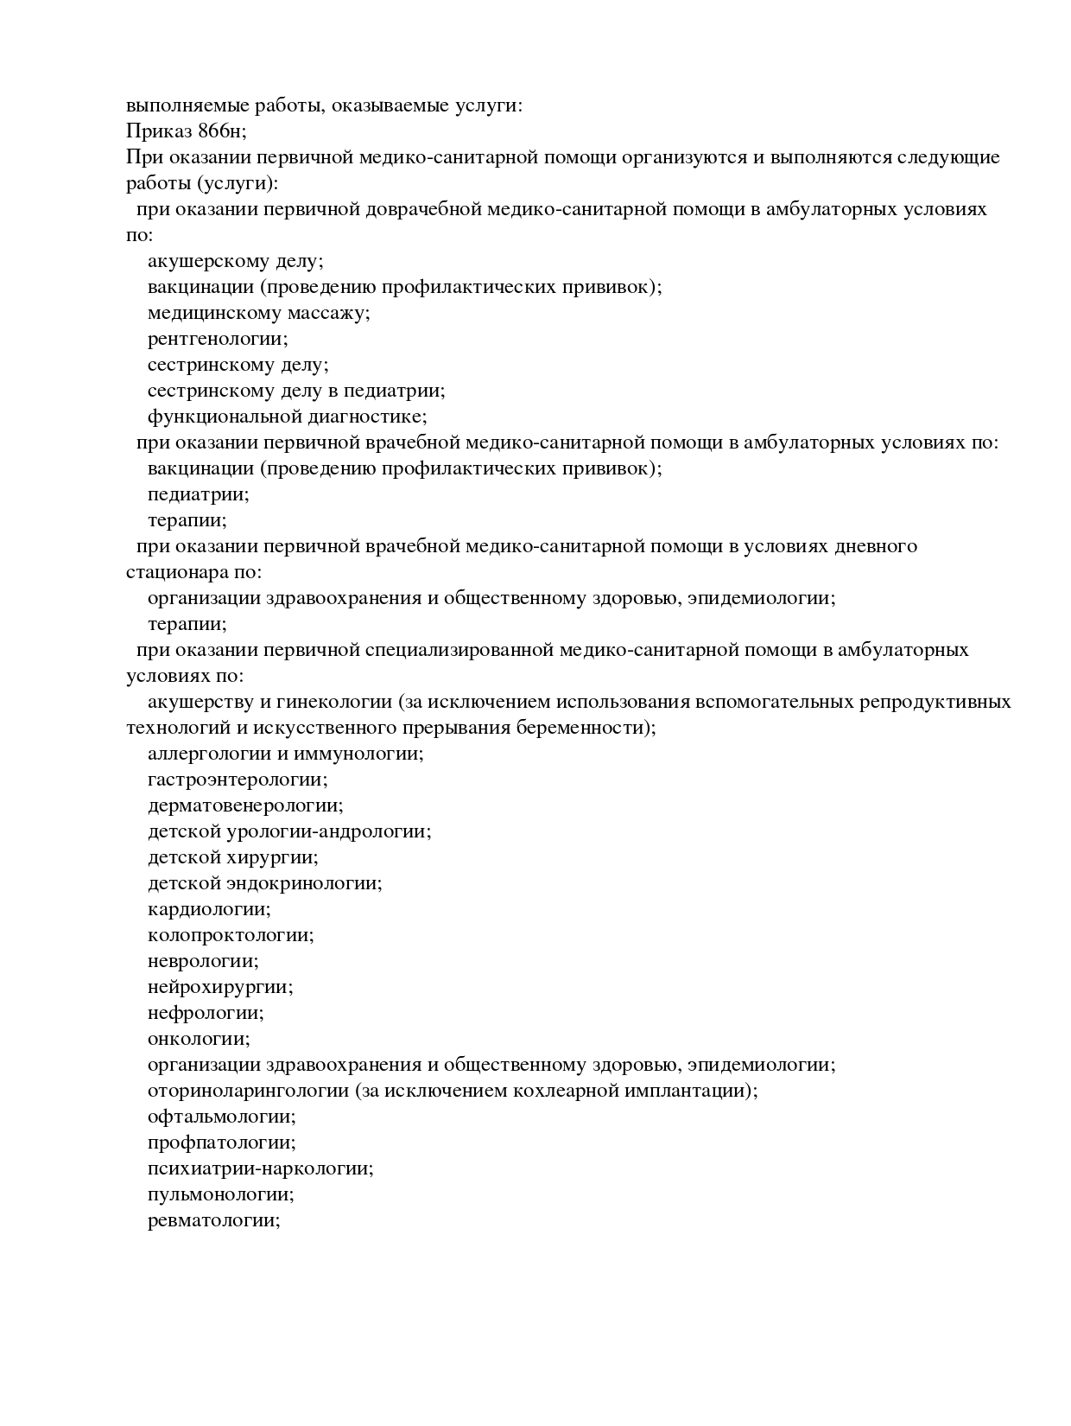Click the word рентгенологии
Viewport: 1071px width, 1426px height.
pos(218,339)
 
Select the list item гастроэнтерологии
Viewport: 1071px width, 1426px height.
pos(238,780)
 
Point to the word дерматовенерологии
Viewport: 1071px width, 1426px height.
pos(245,805)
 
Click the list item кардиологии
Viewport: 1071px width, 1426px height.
pos(209,909)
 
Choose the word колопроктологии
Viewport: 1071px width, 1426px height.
pos(231,935)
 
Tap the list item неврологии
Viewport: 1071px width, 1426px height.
pos(203,961)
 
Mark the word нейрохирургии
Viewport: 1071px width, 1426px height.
pos(220,987)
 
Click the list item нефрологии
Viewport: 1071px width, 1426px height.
pos(206,1013)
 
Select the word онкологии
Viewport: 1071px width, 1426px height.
pos(199,1039)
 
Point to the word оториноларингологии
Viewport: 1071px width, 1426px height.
pos(248,1091)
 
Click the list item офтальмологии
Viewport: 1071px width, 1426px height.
pos(222,1117)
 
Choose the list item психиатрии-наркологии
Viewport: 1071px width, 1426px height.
pos(260,1168)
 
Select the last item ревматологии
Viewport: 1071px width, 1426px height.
pos(214,1220)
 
